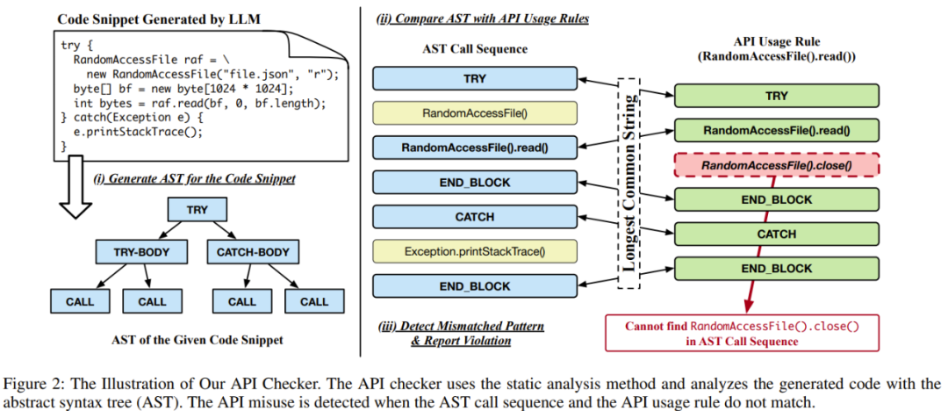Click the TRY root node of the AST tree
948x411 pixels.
click(x=197, y=210)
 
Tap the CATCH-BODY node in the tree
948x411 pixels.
click(x=255, y=254)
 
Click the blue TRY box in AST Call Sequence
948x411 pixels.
click(x=474, y=78)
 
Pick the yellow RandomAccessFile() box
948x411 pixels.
click(x=474, y=113)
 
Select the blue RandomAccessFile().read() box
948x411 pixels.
click(x=474, y=148)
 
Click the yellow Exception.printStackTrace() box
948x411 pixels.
click(x=474, y=252)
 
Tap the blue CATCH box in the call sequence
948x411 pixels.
click(x=474, y=217)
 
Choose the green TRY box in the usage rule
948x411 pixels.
click(x=776, y=96)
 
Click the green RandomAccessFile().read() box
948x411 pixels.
click(x=776, y=131)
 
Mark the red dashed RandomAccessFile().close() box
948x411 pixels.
click(x=776, y=165)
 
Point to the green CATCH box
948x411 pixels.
click(x=776, y=234)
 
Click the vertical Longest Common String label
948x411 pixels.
click(x=628, y=182)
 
